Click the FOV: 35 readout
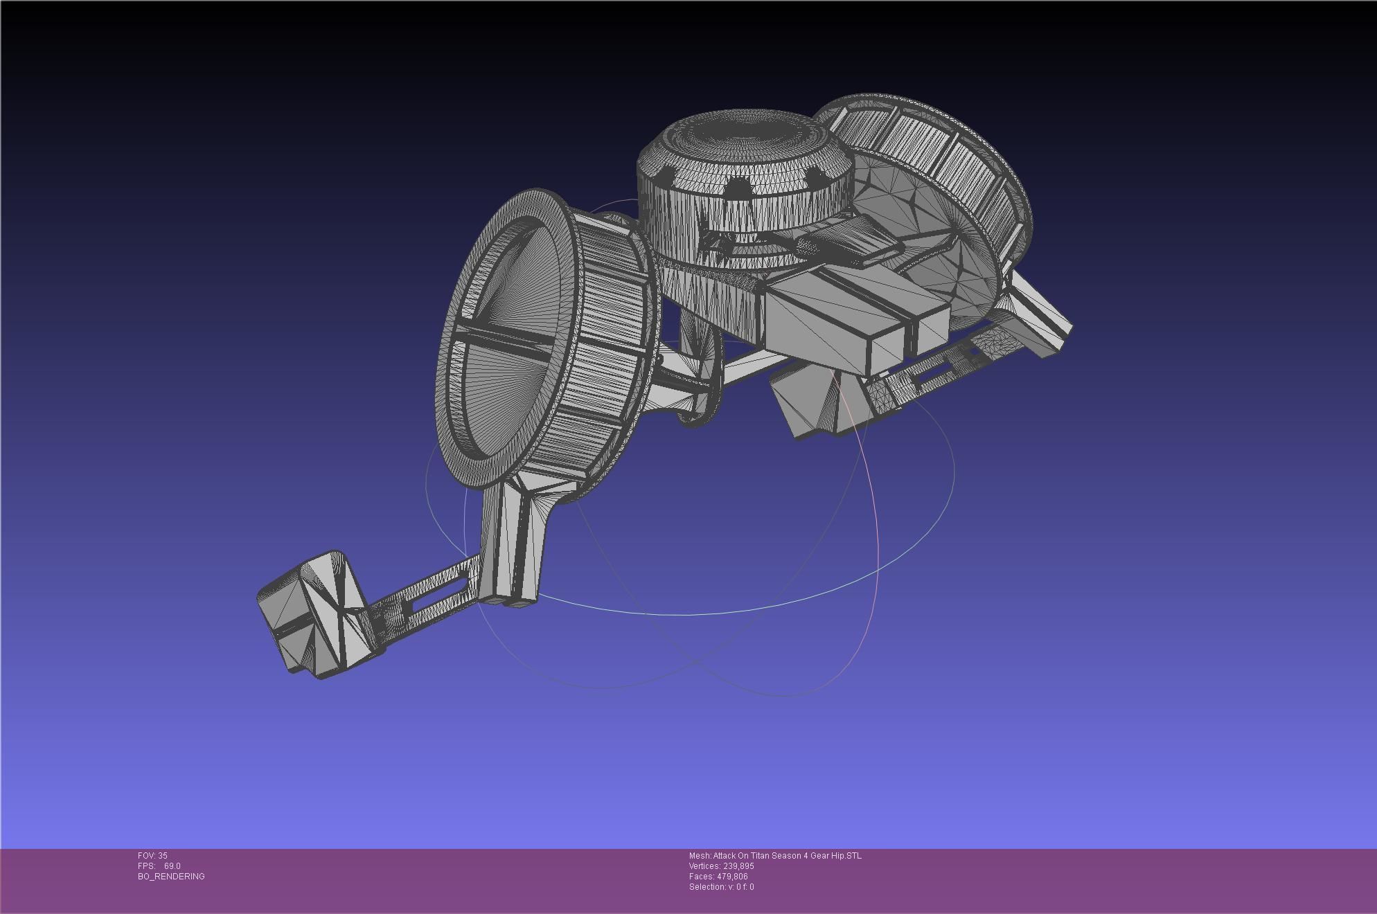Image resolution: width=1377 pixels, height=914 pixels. point(152,856)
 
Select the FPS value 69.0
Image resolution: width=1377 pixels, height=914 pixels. point(172,866)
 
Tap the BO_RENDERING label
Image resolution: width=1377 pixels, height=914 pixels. point(171,877)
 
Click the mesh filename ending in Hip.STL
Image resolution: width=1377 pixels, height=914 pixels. point(775,856)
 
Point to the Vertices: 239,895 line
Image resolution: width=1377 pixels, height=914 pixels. point(721,866)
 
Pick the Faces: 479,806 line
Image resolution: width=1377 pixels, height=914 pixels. point(718,877)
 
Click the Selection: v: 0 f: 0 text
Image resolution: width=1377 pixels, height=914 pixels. point(721,887)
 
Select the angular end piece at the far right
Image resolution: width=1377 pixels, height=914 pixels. point(1039,319)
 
